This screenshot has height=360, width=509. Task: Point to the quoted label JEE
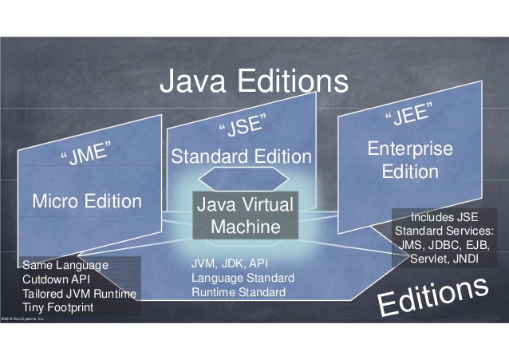point(410,114)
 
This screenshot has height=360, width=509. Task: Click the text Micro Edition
point(86,199)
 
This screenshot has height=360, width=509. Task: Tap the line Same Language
point(63,264)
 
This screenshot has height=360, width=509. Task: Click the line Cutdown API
point(57,279)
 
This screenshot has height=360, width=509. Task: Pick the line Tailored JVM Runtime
point(80,293)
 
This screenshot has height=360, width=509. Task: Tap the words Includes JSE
point(444,216)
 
